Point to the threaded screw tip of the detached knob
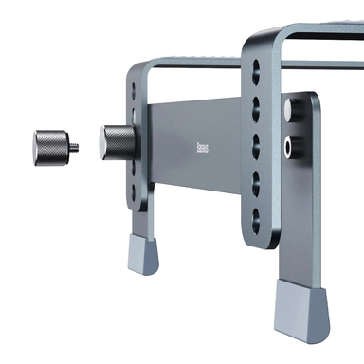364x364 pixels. pos(74,146)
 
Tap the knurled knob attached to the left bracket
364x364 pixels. pos(118,144)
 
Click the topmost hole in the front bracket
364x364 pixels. pos(259,69)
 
